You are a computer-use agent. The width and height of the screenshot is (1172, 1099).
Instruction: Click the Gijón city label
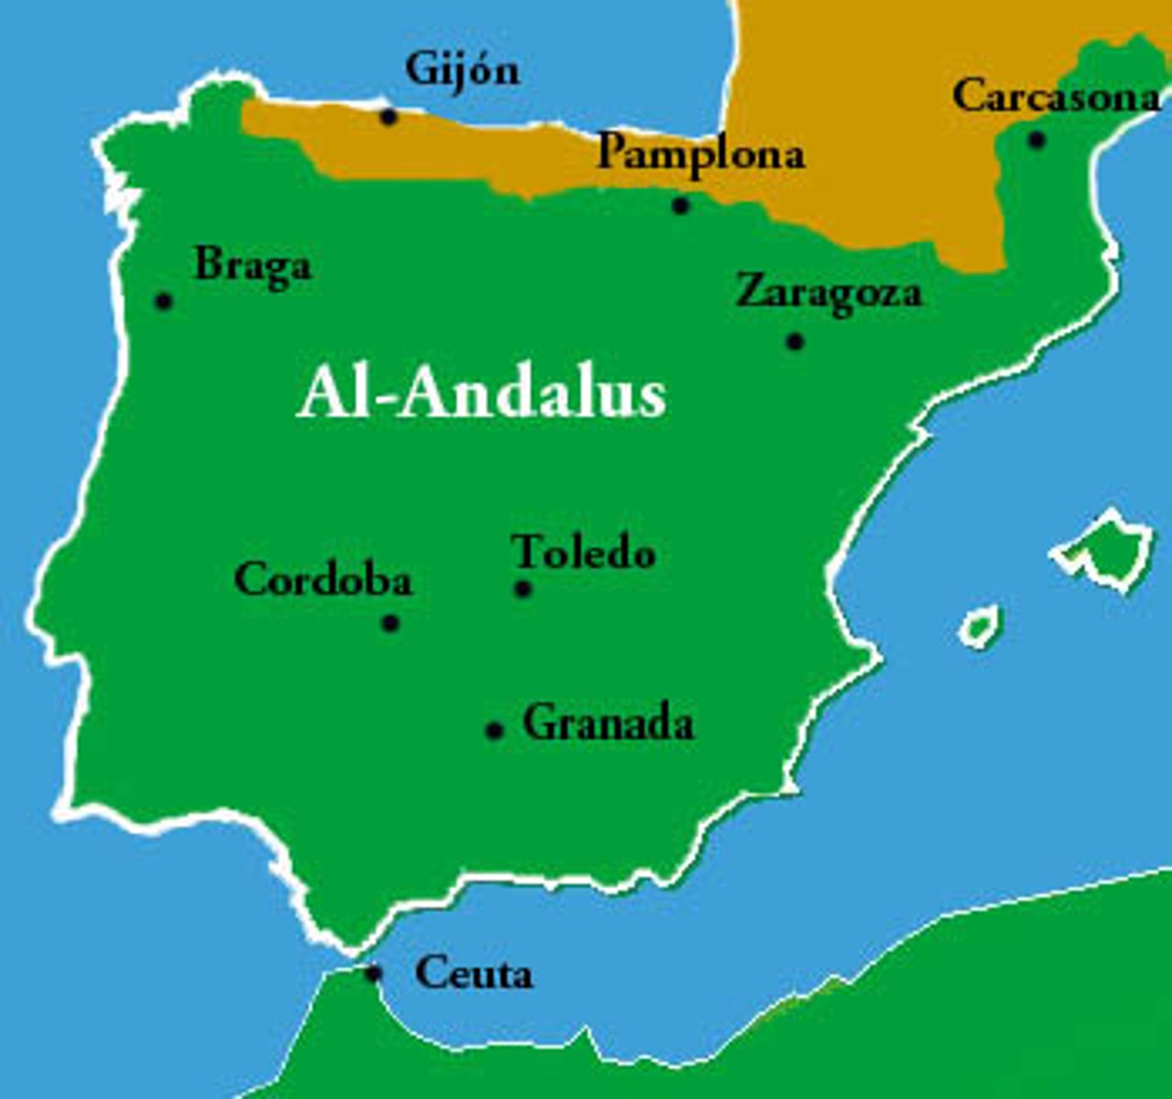pyautogui.click(x=461, y=71)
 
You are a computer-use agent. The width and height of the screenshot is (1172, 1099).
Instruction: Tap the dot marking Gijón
pyautogui.click(x=388, y=116)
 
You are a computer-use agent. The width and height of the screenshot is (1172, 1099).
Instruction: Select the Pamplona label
pyautogui.click(x=700, y=153)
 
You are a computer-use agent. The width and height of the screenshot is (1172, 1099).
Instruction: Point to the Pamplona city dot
pyautogui.click(x=680, y=205)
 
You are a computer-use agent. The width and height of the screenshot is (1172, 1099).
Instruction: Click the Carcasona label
pyautogui.click(x=1056, y=96)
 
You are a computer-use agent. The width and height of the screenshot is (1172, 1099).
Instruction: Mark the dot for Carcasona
pyautogui.click(x=1036, y=140)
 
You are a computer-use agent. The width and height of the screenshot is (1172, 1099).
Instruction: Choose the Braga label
pyautogui.click(x=253, y=267)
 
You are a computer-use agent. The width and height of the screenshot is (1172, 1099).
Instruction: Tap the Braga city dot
pyautogui.click(x=164, y=300)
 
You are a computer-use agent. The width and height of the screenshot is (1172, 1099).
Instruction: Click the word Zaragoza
pyautogui.click(x=829, y=294)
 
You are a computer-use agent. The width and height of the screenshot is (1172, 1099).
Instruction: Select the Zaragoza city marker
pyautogui.click(x=795, y=342)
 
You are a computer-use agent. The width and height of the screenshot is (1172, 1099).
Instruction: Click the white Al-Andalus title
pyautogui.click(x=481, y=394)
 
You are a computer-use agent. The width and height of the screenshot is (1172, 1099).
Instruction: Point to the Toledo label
pyautogui.click(x=583, y=552)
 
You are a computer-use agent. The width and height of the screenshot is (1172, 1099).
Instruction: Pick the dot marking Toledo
pyautogui.click(x=523, y=589)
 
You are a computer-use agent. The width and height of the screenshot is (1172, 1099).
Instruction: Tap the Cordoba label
pyautogui.click(x=323, y=580)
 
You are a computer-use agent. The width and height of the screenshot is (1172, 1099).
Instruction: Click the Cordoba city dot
pyautogui.click(x=390, y=624)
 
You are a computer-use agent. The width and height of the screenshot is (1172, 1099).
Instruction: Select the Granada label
pyautogui.click(x=608, y=724)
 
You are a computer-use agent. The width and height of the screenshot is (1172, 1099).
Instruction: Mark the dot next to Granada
pyautogui.click(x=494, y=730)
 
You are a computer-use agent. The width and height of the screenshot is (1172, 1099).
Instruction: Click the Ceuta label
pyautogui.click(x=473, y=974)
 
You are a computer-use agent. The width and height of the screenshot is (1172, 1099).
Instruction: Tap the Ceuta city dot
pyautogui.click(x=373, y=973)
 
